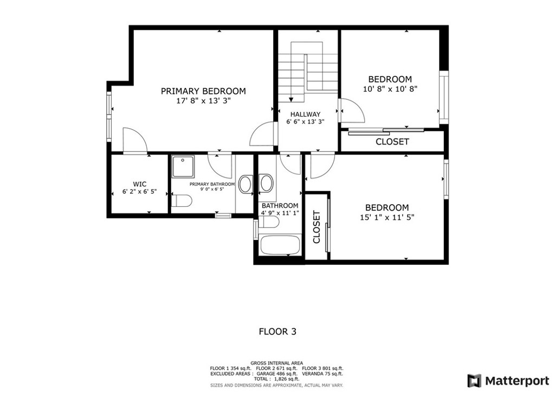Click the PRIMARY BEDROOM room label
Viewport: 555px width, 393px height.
point(203,91)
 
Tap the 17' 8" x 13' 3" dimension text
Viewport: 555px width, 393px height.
point(203,101)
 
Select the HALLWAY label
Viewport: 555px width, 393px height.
point(305,114)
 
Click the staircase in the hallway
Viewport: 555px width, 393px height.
point(308,71)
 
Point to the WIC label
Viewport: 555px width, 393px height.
point(139,184)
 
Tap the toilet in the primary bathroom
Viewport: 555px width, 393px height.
point(182,202)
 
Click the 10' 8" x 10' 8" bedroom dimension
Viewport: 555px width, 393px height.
point(390,89)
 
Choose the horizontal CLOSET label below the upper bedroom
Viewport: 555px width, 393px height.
point(392,142)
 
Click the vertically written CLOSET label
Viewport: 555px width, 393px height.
point(317,226)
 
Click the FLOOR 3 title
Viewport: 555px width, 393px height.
point(277,331)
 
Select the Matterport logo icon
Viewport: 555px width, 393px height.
point(474,380)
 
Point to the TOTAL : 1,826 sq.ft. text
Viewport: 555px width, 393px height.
point(277,379)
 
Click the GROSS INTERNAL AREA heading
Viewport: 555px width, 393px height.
point(277,363)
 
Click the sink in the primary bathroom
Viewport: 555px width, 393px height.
point(246,184)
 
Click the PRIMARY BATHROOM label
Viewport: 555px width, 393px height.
point(212,184)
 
